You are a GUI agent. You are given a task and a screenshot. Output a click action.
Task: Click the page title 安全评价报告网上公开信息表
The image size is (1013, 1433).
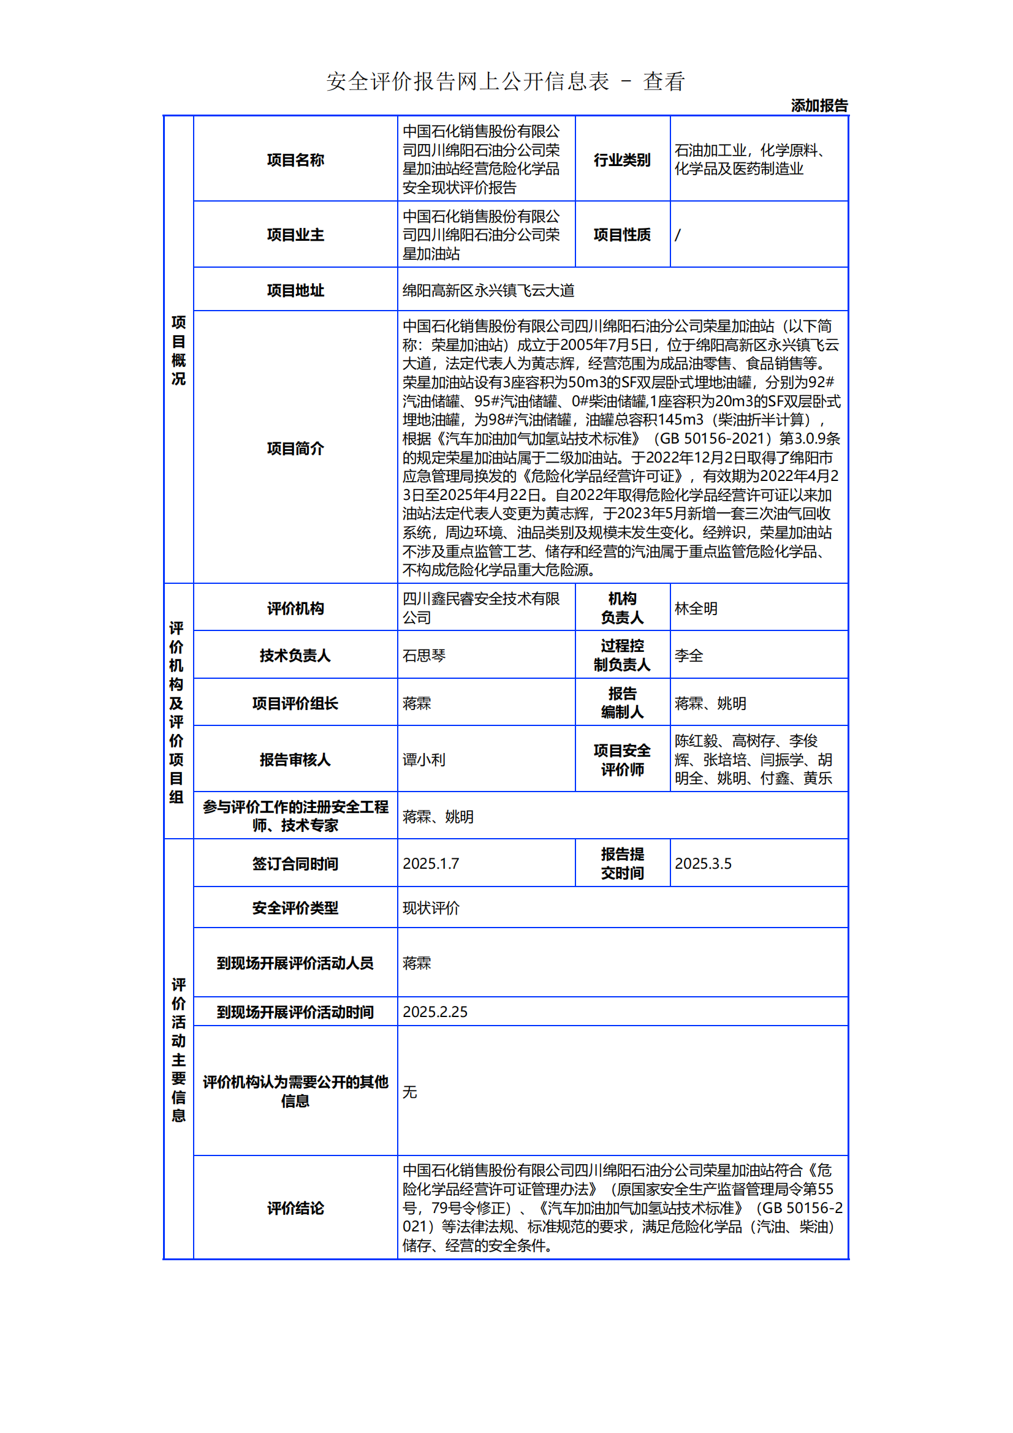pyautogui.click(x=468, y=81)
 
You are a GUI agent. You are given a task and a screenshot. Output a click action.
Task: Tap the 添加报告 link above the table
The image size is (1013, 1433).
pyautogui.click(x=819, y=105)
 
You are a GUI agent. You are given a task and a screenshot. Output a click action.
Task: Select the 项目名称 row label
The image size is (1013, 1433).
pyautogui.click(x=295, y=160)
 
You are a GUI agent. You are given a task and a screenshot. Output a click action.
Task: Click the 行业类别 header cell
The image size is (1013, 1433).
pyautogui.click(x=621, y=160)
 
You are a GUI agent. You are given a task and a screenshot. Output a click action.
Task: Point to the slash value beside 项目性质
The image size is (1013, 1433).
pyautogui.click(x=678, y=235)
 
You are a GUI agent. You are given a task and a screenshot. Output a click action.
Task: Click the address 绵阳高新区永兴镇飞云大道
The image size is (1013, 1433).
pyautogui.click(x=488, y=290)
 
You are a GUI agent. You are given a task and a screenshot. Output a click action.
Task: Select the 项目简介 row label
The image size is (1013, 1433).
pyautogui.click(x=295, y=448)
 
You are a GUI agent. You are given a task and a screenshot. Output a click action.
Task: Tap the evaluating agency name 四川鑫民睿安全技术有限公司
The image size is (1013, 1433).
pyautogui.click(x=480, y=608)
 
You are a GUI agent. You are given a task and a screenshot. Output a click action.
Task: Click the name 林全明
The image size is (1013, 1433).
pyautogui.click(x=696, y=608)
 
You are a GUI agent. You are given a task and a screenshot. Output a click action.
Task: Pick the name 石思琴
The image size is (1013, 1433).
pyautogui.click(x=424, y=656)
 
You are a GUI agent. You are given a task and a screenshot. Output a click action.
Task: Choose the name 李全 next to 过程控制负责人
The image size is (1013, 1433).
pyautogui.click(x=688, y=656)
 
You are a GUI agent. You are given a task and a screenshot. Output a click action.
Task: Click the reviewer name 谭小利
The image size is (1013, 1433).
pyautogui.click(x=424, y=760)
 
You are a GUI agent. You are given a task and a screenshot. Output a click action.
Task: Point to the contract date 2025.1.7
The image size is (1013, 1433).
pyautogui.click(x=431, y=863)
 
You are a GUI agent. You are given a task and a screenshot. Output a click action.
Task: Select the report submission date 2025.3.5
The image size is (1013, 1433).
pyautogui.click(x=703, y=863)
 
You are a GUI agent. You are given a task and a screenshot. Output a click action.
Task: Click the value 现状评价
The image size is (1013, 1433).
pyautogui.click(x=431, y=908)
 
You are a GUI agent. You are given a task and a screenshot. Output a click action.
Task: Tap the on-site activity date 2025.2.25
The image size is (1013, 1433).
pyautogui.click(x=435, y=1011)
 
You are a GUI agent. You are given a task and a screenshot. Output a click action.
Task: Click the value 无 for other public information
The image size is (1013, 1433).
pyautogui.click(x=409, y=1092)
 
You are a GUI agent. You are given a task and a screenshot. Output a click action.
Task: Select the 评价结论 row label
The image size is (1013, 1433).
pyautogui.click(x=295, y=1208)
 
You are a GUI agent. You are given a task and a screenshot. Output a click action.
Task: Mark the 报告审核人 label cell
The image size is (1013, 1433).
pyautogui.click(x=295, y=760)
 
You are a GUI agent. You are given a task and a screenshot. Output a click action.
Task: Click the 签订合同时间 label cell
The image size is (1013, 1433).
pyautogui.click(x=295, y=864)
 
